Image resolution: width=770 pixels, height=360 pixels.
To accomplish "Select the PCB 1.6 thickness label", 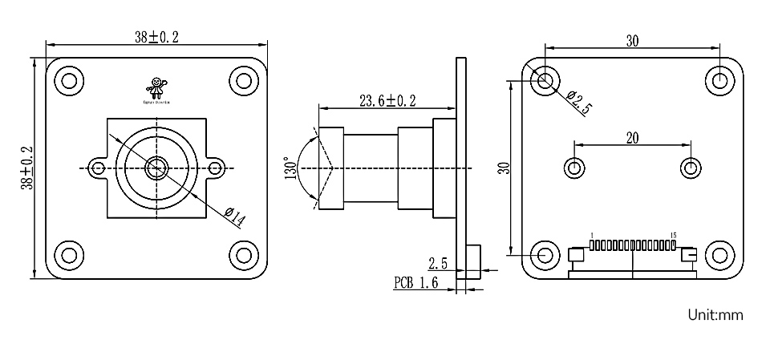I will (415, 282).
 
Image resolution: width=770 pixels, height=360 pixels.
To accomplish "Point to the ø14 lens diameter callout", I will (235, 214).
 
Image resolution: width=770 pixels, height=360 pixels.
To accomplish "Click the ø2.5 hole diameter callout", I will (577, 103).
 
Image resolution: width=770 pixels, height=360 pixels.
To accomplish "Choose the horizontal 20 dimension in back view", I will (632, 137).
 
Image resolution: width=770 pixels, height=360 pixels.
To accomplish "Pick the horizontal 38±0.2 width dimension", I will (157, 36).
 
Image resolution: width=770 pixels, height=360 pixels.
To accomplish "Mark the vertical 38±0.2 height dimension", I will (27, 168).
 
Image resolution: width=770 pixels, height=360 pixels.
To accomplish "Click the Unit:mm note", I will (715, 315).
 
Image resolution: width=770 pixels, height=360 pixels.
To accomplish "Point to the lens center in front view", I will (156, 168).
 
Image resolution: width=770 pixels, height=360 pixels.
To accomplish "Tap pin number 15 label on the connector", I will (673, 235).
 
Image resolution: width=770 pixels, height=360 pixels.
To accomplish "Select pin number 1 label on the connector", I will (591, 235).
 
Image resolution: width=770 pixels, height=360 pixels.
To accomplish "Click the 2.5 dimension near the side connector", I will (437, 263).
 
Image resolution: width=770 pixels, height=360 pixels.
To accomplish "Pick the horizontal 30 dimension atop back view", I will (633, 42).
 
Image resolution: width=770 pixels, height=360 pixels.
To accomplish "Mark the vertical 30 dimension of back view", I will (504, 168).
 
